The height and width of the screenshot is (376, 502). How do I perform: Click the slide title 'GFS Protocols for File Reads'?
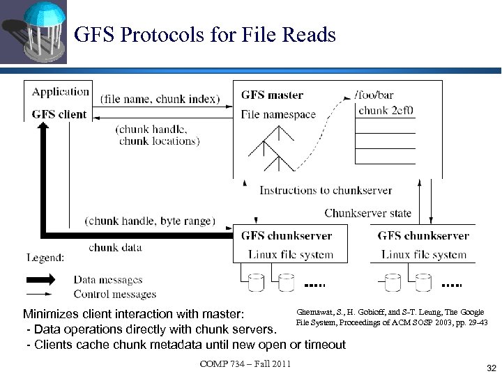click(x=205, y=34)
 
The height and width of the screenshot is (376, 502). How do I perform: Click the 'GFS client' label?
click(x=59, y=114)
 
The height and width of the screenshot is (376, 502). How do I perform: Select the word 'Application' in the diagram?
click(x=61, y=91)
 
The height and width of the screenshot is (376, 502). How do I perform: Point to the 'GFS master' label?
click(x=272, y=95)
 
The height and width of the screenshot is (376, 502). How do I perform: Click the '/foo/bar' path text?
click(x=374, y=95)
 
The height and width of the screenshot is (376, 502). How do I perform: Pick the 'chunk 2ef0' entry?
click(x=386, y=110)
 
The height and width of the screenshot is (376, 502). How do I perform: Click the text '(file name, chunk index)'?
click(x=160, y=99)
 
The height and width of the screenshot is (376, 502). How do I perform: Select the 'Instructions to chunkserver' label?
click(x=326, y=190)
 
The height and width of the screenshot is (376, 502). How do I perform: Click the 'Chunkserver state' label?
click(x=368, y=213)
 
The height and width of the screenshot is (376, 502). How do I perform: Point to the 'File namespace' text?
click(x=278, y=114)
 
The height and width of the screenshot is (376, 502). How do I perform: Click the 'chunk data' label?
click(x=115, y=247)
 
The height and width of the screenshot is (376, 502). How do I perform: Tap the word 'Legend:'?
click(x=46, y=258)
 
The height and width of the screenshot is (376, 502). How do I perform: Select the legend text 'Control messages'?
click(x=114, y=294)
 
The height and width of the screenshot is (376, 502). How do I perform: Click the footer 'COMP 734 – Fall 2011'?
click(x=245, y=364)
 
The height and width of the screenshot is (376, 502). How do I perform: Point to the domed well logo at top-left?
click(x=33, y=31)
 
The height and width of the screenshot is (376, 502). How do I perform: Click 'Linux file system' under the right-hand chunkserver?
click(x=424, y=254)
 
